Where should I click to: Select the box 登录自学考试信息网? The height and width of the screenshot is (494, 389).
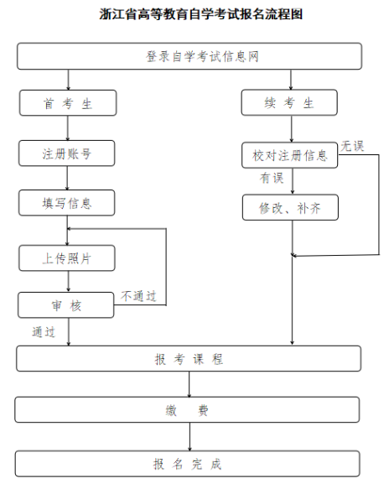189,56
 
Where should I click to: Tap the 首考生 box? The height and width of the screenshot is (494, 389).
67,103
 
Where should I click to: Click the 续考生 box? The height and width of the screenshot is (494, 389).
289,103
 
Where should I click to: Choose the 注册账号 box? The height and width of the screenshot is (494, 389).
67,153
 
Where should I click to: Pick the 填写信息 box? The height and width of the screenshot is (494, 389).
67,203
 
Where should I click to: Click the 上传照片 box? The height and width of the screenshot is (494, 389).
67,258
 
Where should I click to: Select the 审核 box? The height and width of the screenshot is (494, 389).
66,305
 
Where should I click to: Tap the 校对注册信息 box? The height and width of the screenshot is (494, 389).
290,155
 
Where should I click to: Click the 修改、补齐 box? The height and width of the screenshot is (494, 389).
290,207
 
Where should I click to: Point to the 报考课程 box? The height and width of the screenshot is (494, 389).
189,359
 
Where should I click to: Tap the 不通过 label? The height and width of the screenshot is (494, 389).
137,296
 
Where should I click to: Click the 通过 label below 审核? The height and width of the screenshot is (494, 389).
44,332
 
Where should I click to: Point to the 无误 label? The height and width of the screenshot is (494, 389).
351,146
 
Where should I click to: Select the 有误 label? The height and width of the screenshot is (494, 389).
271,178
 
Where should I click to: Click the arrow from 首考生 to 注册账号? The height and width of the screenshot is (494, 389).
68,127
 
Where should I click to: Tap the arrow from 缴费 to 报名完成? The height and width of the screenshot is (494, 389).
189,436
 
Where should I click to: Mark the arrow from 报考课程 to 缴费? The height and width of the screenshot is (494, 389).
189,384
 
